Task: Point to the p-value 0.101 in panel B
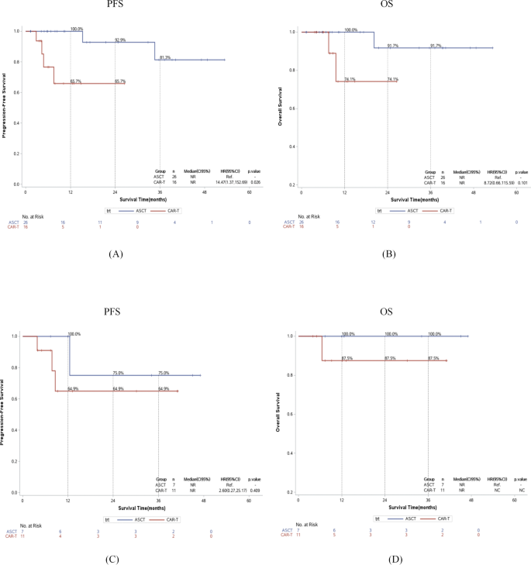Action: pyautogui.click(x=522, y=183)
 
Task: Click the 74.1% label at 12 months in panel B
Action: pyautogui.click(x=349, y=79)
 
